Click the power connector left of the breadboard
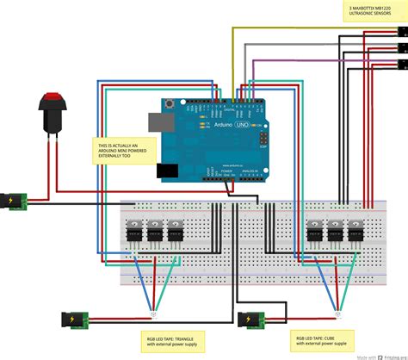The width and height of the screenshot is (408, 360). coord(15,202)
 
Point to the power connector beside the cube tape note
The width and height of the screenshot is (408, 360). coord(250,320)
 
